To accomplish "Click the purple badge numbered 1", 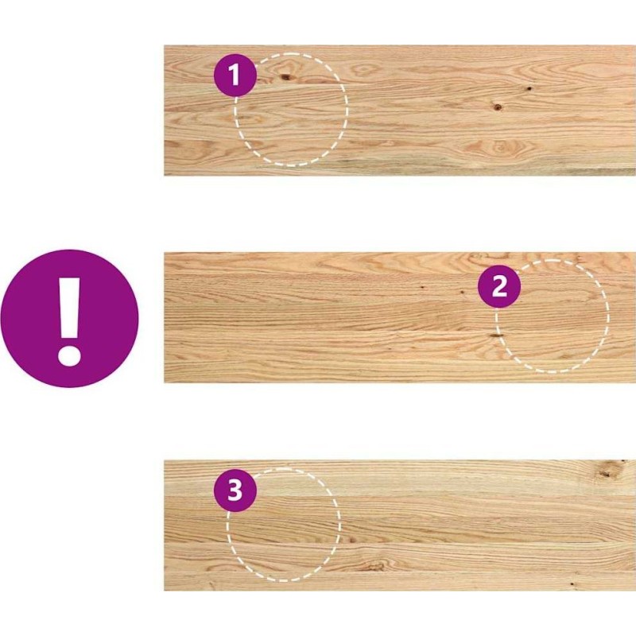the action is [235, 75].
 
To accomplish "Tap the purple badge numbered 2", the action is [499, 287].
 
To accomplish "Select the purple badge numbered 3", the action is [235, 490].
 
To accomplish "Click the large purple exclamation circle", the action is [70, 319].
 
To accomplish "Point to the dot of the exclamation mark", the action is [70, 356].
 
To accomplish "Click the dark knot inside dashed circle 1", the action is [286, 76].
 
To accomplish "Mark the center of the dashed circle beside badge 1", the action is [290, 110].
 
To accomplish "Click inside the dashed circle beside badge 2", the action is [552, 316].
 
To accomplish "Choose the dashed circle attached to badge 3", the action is [284, 525].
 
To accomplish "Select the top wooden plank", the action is [400, 111].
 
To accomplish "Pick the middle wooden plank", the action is [400, 317].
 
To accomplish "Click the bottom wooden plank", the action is [400, 525].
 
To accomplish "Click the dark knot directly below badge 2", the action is [495, 335].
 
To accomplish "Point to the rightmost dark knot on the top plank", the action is [529, 88].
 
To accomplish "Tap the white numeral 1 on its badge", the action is [234, 75].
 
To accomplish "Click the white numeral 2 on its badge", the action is [499, 287].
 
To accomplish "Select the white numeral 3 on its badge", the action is [235, 490].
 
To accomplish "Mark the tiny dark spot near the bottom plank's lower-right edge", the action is [572, 584].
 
